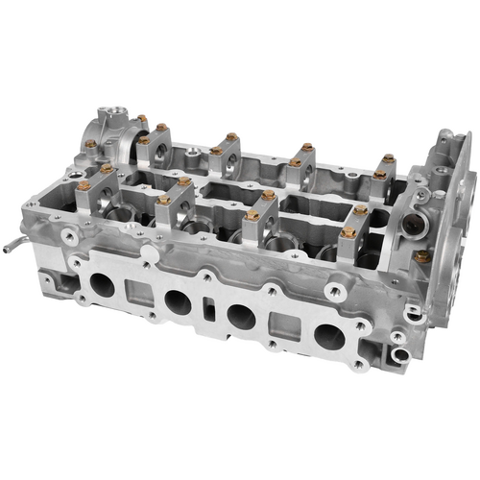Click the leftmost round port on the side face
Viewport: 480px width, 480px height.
point(103,285)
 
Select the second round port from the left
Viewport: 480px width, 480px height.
point(178,301)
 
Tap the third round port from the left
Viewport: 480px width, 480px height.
point(243,316)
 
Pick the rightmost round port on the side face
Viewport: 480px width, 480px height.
point(328,335)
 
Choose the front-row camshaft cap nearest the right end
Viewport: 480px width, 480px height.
point(351,227)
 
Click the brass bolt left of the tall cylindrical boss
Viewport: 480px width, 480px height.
point(90,144)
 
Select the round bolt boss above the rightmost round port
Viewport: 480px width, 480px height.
point(336,290)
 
